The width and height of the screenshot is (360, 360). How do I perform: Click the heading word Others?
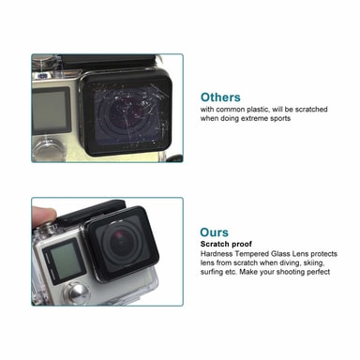tap(220, 97)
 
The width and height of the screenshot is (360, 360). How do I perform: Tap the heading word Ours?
tap(215, 232)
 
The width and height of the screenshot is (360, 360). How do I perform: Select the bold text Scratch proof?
tap(226, 244)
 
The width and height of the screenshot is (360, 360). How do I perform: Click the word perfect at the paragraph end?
tap(318, 272)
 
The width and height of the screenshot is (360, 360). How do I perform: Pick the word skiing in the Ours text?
tap(312, 262)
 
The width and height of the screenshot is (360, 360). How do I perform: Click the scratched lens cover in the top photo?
tap(127, 114)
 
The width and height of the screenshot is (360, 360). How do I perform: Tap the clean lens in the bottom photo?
tap(123, 241)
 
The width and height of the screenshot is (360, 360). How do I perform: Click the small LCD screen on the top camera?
tap(50, 112)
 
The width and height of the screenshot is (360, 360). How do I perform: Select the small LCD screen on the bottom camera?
tap(64, 262)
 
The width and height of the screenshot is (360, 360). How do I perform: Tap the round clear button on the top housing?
tap(49, 153)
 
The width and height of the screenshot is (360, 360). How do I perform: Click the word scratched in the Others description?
tap(311, 109)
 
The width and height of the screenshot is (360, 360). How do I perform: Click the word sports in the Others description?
tap(281, 118)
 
